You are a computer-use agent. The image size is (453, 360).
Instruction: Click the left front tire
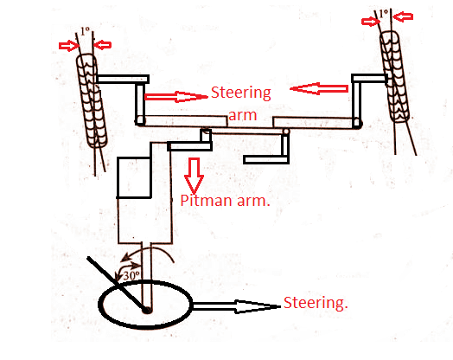coord(91,101)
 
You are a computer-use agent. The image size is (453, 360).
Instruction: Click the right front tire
coord(394,76)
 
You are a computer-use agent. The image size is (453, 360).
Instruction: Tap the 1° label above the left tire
coord(85,31)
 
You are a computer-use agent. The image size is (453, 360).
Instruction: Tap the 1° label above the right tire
coord(383,13)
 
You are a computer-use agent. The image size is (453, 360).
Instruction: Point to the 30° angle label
coord(131,275)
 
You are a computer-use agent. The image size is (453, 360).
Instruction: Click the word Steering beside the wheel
coord(316,303)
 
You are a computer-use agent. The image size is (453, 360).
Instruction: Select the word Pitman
coord(206,200)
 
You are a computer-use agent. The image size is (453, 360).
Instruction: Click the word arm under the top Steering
coord(242,115)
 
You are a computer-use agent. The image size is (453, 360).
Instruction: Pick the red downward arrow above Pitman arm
coord(194,176)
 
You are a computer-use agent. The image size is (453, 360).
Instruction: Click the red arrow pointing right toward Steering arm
coord(176,96)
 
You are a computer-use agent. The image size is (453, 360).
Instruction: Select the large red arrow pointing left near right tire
coord(319,88)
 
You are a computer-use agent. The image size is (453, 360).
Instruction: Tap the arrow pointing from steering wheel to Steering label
coord(236,306)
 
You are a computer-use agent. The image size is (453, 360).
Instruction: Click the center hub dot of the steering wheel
coord(147,310)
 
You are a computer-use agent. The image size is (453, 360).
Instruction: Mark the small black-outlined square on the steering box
coord(134,177)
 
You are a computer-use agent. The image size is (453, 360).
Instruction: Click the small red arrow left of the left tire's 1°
coord(69,45)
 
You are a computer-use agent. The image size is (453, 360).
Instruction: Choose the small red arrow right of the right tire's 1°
coord(403,16)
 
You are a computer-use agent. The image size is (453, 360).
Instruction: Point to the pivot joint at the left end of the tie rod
coord(140,120)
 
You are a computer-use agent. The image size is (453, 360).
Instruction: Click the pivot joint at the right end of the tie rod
coord(357,123)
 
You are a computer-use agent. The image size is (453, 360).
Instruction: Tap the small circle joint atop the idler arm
coord(286,132)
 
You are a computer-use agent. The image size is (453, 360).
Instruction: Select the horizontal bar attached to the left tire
coord(123,79)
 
